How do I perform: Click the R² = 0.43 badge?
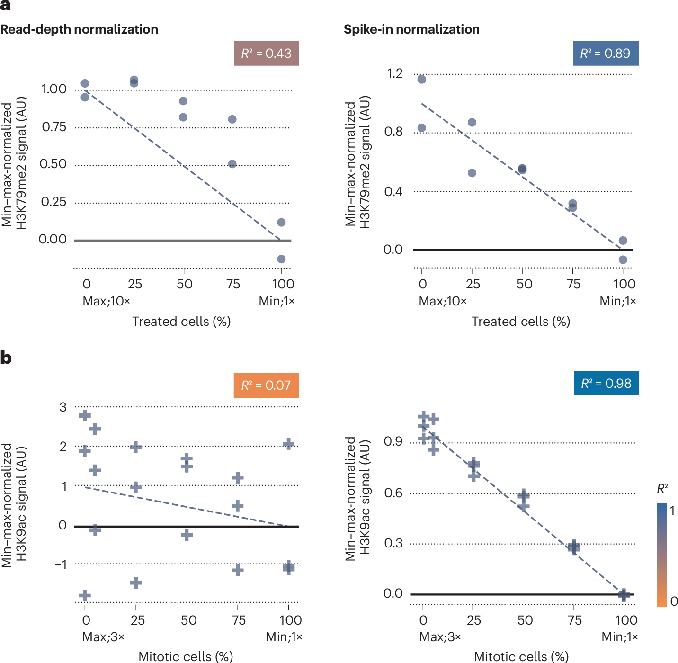pos(266,53)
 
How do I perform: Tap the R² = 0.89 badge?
pos(606,53)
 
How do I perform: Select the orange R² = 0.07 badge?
pos(266,385)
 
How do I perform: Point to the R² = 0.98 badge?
pos(606,383)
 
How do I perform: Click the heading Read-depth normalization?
pos(79,29)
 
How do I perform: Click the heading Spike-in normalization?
pos(411,29)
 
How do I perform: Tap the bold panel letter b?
pos(6,358)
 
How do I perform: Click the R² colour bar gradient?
pos(661,555)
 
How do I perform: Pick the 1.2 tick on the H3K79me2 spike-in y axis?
pos(394,73)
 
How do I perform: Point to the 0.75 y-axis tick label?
pos(54,127)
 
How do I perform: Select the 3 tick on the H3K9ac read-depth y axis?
pos(63,407)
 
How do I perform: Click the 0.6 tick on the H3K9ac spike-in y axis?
pos(393,493)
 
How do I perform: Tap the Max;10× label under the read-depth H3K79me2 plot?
pos(106,301)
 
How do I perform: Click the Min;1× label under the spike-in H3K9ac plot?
pos(619,637)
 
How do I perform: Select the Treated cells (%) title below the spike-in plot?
pos(521,322)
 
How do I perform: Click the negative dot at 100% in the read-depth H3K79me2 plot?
pos(281,259)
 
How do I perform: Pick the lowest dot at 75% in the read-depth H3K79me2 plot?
pos(232,164)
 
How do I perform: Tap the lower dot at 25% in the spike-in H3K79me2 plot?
pos(472,173)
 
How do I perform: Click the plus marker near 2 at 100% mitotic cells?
pos(288,444)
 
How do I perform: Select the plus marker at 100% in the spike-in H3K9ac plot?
pos(624,594)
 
